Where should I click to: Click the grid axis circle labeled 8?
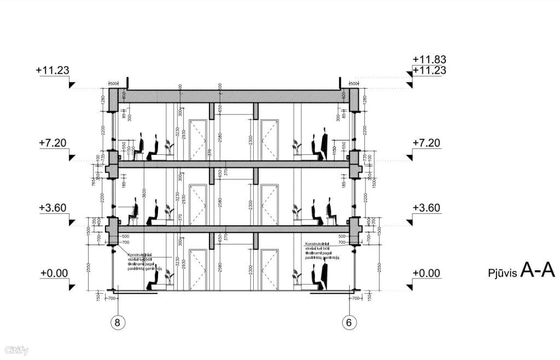point(116,322)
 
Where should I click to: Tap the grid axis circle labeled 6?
point(349,322)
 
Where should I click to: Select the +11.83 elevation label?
point(429,59)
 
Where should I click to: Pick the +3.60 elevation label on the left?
point(53,208)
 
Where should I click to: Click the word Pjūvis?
point(502,272)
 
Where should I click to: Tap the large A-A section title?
point(537,270)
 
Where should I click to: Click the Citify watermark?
point(16,351)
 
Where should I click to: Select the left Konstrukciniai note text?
point(144,262)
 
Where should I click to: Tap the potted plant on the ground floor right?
point(297,277)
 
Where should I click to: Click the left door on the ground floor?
point(197,269)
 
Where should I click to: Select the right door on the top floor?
point(270,139)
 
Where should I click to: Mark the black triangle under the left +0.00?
point(71,286)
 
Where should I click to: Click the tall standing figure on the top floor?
point(325,143)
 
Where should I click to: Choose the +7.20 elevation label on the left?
point(53,143)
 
